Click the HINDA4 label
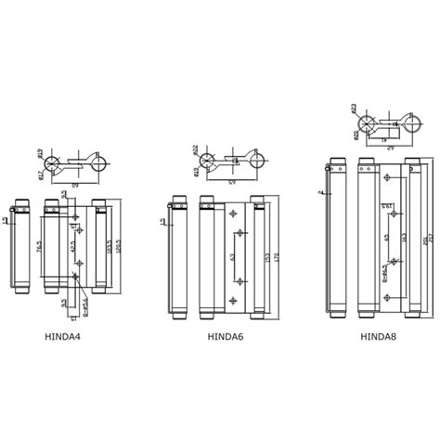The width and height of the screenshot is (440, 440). (x=63, y=337)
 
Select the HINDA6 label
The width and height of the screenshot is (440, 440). (x=226, y=337)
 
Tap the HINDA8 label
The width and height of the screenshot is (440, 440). (x=379, y=337)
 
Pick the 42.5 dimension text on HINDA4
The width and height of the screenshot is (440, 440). (x=72, y=248)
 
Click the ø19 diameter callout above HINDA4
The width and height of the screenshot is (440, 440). (x=41, y=152)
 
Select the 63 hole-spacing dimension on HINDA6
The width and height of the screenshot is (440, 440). (x=233, y=257)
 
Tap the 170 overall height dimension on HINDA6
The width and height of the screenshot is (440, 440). (x=276, y=257)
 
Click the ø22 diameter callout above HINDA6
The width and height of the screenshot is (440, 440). (x=196, y=149)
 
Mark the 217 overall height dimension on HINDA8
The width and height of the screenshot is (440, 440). (x=431, y=239)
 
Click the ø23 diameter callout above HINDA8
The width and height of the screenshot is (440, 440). (x=354, y=109)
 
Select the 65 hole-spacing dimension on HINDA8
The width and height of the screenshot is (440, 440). (x=387, y=238)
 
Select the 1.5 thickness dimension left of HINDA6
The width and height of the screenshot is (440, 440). (x=163, y=222)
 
